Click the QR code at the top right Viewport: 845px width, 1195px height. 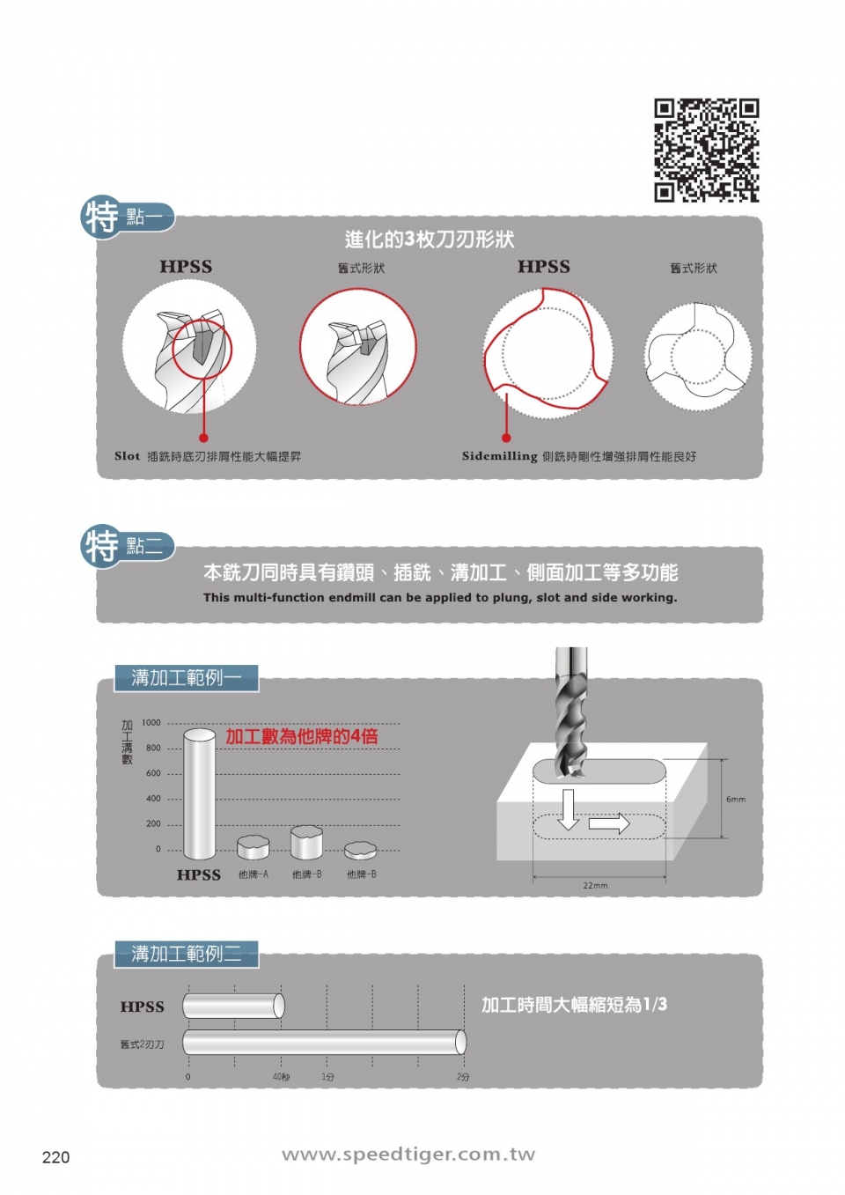click(x=706, y=150)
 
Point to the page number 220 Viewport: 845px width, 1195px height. click(x=55, y=1157)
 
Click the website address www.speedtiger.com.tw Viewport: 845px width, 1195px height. click(x=408, y=1154)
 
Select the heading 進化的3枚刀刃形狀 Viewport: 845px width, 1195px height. click(x=430, y=240)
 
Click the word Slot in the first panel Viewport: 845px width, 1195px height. click(x=127, y=456)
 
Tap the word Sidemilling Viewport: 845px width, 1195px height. click(x=499, y=456)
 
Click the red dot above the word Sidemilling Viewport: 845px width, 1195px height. click(x=506, y=438)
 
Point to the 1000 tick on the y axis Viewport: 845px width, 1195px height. click(x=151, y=723)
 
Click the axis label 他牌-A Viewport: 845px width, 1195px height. click(x=253, y=874)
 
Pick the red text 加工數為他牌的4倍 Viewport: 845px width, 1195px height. click(x=302, y=737)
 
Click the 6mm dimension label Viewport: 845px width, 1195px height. click(x=736, y=800)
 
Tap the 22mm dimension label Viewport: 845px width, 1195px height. click(x=595, y=886)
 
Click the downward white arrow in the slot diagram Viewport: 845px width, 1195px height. click(x=569, y=809)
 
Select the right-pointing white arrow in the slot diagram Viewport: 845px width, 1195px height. click(x=609, y=824)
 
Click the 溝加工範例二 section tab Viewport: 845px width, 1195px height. click(x=186, y=954)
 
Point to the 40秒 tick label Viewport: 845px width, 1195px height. click(x=281, y=1077)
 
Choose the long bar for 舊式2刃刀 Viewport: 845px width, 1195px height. click(x=324, y=1043)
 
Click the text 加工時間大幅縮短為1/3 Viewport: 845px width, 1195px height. click(x=574, y=1005)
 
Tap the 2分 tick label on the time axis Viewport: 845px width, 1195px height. click(x=463, y=1077)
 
